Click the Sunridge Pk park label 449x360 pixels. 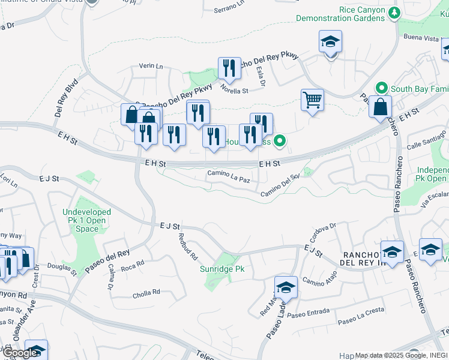(222, 269)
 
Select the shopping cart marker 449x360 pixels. (312, 100)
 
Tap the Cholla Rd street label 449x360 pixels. (147, 292)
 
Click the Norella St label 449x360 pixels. (234, 91)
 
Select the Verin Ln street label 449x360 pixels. (151, 66)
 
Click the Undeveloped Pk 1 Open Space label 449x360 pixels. (88, 220)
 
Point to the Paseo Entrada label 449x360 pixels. (309, 313)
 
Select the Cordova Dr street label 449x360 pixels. (324, 231)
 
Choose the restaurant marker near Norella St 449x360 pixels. (229, 68)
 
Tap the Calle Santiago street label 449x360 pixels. (427, 140)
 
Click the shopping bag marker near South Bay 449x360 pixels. (380, 107)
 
